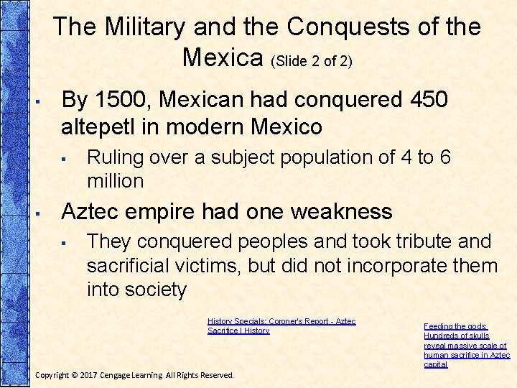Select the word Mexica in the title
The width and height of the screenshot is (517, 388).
point(223,57)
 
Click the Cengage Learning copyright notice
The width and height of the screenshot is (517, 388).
point(134,375)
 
